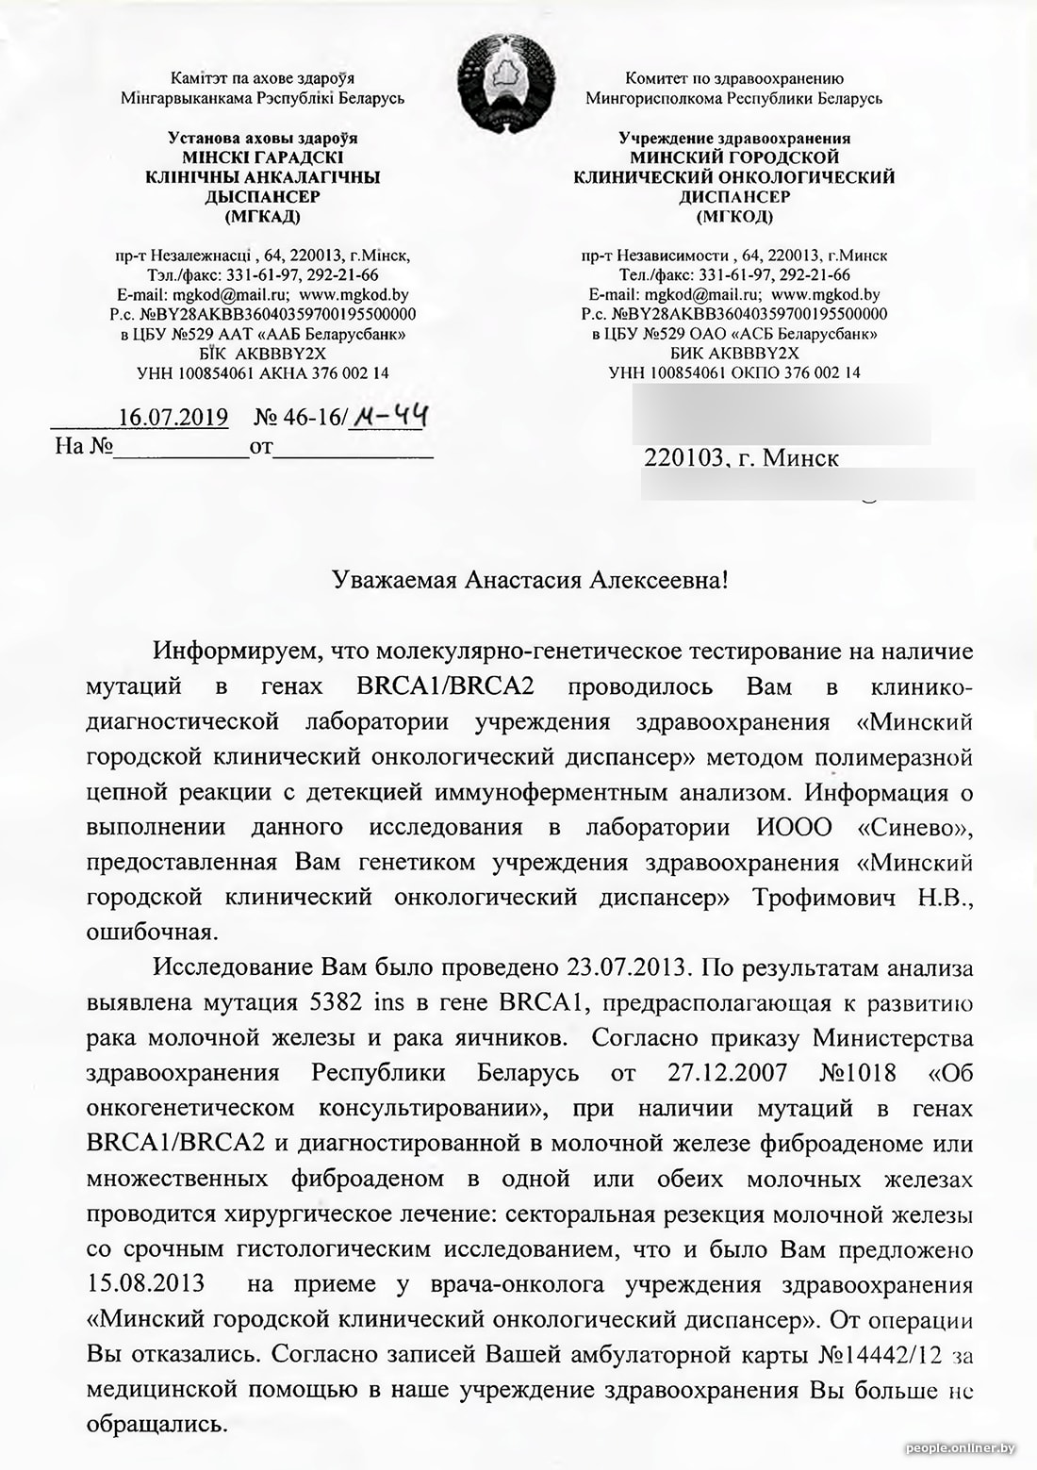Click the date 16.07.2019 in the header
pyautogui.click(x=173, y=417)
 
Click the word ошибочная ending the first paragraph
pyautogui.click(x=152, y=933)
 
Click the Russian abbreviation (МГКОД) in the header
pyautogui.click(x=733, y=217)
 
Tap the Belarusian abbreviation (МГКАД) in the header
pyautogui.click(x=262, y=217)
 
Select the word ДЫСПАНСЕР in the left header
pyautogui.click(x=262, y=197)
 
